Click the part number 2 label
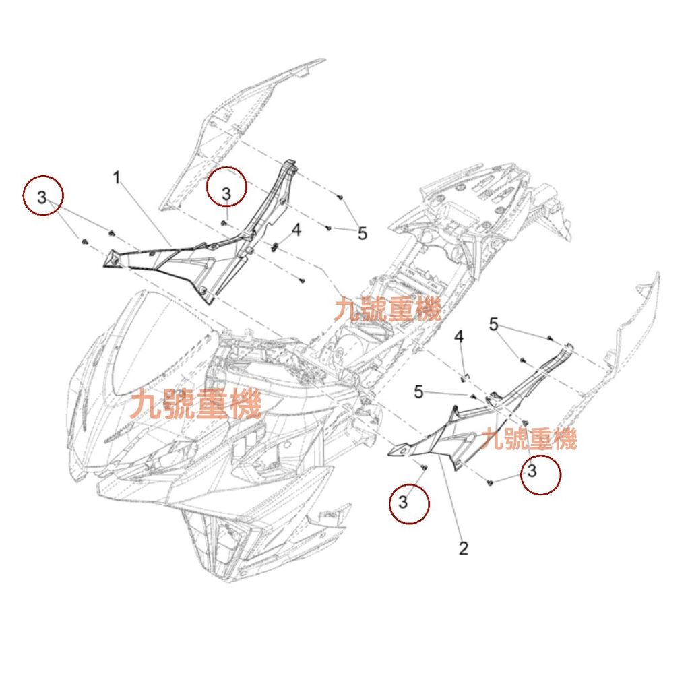pyautogui.click(x=463, y=548)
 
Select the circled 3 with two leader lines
pyautogui.click(x=42, y=197)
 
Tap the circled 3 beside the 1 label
pyautogui.click(x=226, y=193)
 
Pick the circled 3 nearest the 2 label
pyautogui.click(x=404, y=502)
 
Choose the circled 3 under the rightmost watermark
pyautogui.click(x=532, y=471)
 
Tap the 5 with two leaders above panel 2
pyautogui.click(x=494, y=325)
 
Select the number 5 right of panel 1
pyautogui.click(x=363, y=234)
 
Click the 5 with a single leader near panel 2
pyautogui.click(x=418, y=391)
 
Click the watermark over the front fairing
pyautogui.click(x=196, y=404)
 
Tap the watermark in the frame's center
pyautogui.click(x=387, y=310)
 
